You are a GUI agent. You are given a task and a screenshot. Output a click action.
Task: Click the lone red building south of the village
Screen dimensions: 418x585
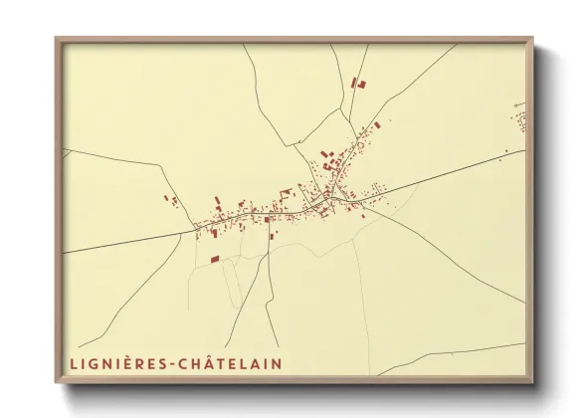214,259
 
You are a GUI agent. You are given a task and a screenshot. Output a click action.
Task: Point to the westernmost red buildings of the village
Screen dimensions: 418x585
170,201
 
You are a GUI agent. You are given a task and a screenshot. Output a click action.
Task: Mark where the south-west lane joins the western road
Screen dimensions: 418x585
196,232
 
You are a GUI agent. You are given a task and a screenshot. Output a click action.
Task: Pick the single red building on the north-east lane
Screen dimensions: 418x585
378,124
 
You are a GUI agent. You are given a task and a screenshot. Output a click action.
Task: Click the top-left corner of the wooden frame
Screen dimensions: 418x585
57,39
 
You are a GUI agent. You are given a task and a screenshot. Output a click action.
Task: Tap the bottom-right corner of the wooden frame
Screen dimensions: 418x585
532,384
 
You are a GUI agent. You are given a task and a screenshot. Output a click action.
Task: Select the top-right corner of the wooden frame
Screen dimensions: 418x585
532,39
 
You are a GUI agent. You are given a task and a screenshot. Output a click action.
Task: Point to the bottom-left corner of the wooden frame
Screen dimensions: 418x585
57,384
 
